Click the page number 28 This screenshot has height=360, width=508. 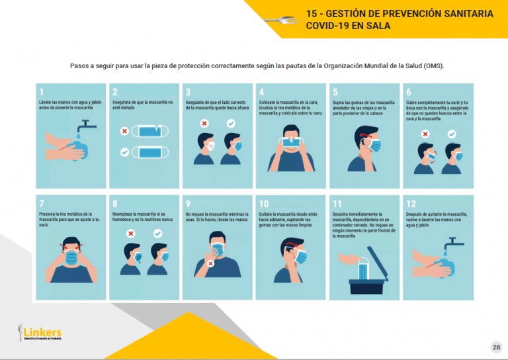coord(496,347)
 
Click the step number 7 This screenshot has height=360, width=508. coord(42,204)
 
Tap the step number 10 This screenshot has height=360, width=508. coord(264,204)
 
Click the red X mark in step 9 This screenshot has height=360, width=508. coord(210,263)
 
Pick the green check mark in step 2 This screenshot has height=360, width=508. coord(124,152)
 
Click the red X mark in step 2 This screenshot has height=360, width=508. coord(124,132)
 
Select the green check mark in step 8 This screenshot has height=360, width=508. coord(157,234)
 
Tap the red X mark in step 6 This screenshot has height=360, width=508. coord(425,134)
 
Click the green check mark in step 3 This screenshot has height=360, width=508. coord(231,124)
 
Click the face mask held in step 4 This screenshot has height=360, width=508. coord(291,142)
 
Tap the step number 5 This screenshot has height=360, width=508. coord(335,92)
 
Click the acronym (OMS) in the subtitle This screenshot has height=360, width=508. coord(434,66)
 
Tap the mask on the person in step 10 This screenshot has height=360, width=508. coord(300,257)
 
